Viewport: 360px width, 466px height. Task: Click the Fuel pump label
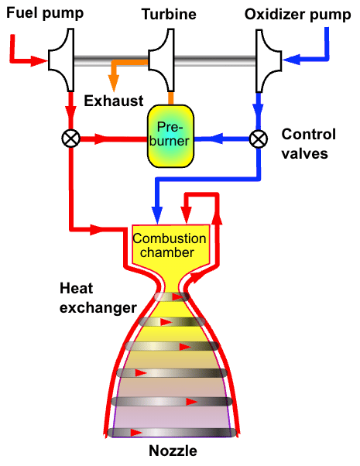45,14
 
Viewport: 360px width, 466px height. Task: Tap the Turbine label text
169,14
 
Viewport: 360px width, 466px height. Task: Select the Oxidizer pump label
297,15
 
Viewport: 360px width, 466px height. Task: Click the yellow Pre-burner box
170,135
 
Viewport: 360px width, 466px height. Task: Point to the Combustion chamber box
170,246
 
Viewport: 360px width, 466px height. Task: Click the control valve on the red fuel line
70,139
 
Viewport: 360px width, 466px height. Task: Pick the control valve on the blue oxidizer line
259,139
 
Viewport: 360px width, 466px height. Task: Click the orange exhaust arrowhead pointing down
114,84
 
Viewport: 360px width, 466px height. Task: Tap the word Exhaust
114,101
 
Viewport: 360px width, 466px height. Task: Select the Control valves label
309,144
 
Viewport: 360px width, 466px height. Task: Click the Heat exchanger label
98,298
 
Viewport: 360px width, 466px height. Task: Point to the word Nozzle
173,451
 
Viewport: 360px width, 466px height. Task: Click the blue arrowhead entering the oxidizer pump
291,60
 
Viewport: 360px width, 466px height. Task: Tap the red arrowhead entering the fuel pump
39,61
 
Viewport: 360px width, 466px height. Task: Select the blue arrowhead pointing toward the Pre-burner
216,139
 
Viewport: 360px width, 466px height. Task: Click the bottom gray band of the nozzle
173,433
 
